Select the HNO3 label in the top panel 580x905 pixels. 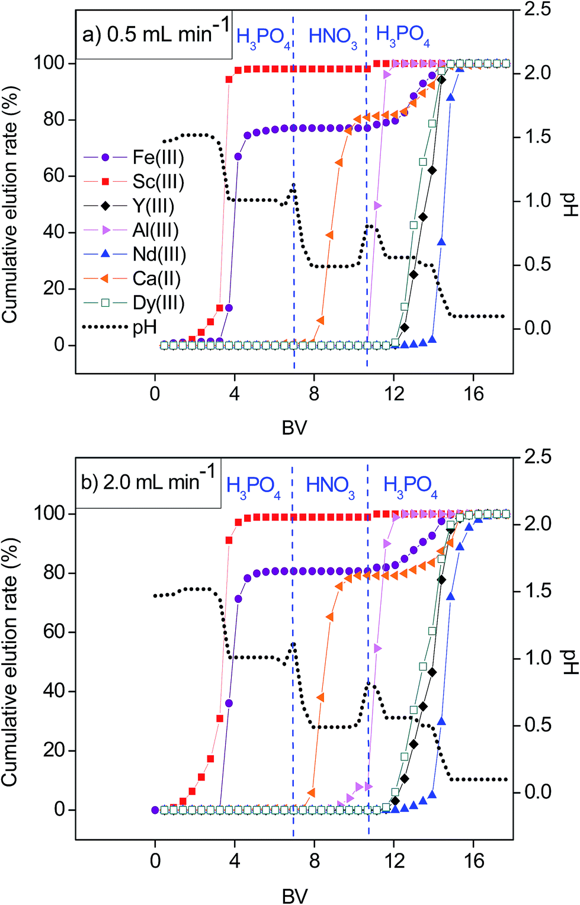333,37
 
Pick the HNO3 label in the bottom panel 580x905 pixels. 330,486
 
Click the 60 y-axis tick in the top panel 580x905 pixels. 55,176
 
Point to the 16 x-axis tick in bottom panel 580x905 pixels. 474,861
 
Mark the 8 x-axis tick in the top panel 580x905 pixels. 314,394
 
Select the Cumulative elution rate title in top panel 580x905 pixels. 10,204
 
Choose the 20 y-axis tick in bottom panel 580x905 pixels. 55,750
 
